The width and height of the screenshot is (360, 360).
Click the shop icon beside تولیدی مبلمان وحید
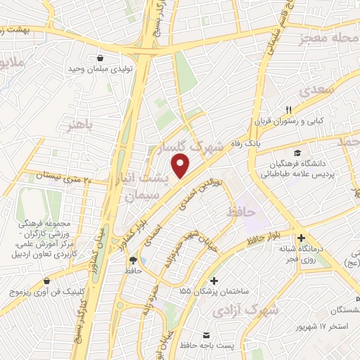click(x=102, y=59)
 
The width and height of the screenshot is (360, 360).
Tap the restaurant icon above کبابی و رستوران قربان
click(x=288, y=109)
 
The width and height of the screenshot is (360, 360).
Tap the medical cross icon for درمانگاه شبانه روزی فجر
click(x=302, y=238)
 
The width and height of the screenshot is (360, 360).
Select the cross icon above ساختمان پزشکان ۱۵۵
click(x=214, y=280)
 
